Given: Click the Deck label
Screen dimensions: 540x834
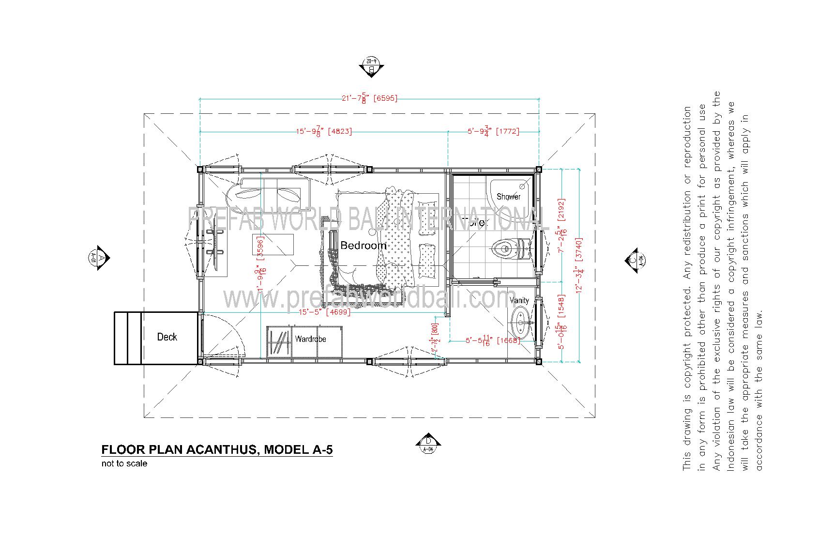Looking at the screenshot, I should (167, 337).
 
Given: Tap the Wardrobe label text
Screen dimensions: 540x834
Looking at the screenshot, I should (311, 339).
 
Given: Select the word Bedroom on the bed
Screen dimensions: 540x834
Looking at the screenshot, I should (364, 246).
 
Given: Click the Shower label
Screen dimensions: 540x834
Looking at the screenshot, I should (508, 197).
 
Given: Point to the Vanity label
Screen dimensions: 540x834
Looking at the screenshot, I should (519, 300).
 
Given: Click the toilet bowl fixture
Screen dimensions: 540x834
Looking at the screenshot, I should (503, 248).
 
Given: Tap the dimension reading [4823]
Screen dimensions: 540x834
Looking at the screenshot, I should (340, 131).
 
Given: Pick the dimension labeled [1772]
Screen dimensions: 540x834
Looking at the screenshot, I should (507, 131).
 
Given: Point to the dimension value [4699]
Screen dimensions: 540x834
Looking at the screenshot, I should (338, 312).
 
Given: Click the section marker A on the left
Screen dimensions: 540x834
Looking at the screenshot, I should (101, 258).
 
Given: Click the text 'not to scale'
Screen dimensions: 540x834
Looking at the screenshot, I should (124, 463).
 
